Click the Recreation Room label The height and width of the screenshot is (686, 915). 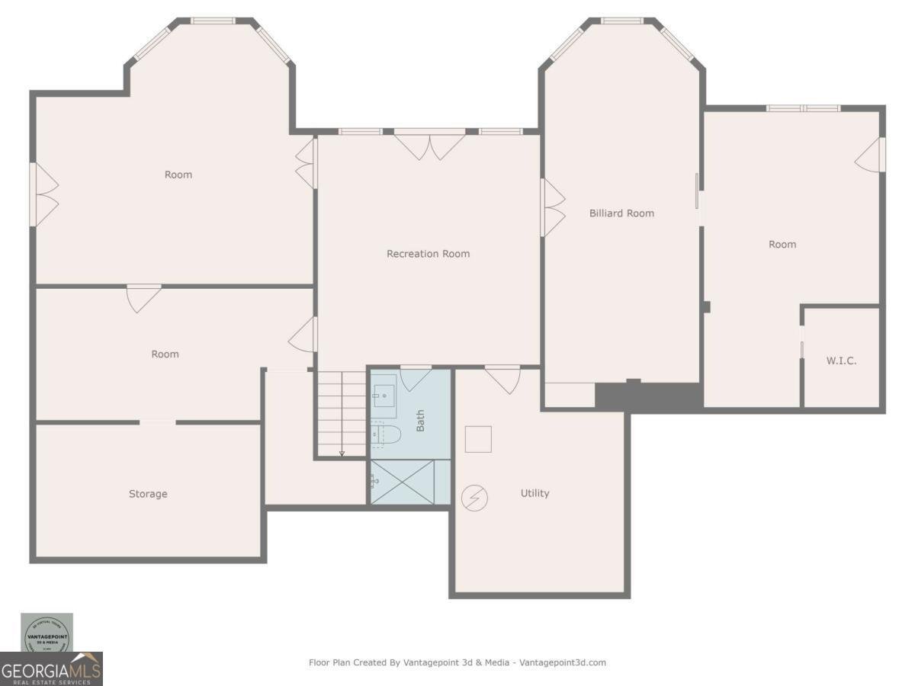428,254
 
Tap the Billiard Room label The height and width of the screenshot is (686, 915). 621,213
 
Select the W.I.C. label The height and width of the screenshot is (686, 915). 841,361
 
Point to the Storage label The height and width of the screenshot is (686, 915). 148,494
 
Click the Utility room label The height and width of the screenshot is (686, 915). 535,493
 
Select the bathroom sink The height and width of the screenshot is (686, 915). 384,395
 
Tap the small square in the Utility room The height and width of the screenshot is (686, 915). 478,439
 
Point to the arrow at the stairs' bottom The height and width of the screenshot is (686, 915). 342,454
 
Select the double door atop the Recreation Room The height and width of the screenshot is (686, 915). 430,146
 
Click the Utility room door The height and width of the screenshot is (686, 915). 502,379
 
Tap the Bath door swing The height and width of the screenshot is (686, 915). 416,378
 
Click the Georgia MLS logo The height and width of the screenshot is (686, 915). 51,670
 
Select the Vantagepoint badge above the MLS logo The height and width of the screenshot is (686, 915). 47,633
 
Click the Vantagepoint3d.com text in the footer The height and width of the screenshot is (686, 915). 563,662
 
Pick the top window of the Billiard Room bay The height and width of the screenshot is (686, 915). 622,21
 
